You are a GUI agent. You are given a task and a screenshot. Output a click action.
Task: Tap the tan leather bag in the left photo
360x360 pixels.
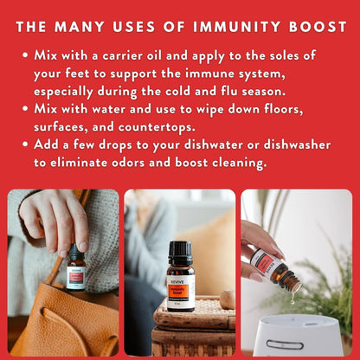pyautogui.click(x=61, y=320)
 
